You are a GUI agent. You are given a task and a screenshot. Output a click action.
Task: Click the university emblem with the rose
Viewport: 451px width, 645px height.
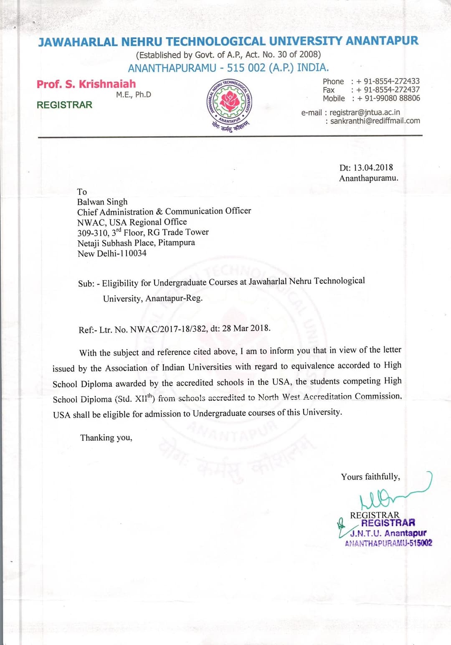tap(229, 102)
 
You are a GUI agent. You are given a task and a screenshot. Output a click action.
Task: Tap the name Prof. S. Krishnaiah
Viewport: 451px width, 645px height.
tap(86, 84)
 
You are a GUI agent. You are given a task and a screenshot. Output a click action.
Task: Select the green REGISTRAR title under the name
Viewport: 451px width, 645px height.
tap(64, 105)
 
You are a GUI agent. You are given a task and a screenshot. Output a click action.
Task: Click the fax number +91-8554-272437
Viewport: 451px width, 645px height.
tap(388, 90)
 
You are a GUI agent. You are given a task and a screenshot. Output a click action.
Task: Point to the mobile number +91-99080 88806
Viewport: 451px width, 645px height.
tap(388, 99)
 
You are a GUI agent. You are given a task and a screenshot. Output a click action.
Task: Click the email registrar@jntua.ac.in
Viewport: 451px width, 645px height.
tap(365, 112)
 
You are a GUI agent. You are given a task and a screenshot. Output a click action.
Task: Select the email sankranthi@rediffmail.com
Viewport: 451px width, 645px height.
tap(375, 121)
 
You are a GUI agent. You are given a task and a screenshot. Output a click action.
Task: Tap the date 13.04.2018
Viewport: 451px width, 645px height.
tap(373, 168)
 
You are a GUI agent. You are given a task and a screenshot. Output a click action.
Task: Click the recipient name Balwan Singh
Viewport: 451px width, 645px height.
tap(102, 202)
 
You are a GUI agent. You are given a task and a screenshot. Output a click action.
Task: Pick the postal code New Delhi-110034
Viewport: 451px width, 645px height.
tap(112, 254)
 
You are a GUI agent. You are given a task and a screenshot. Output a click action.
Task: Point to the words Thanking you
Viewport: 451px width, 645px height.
tap(106, 438)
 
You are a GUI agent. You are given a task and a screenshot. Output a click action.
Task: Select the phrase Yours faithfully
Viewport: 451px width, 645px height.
tap(370, 477)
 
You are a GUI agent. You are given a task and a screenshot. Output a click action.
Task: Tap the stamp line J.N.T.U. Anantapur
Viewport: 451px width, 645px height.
tap(388, 533)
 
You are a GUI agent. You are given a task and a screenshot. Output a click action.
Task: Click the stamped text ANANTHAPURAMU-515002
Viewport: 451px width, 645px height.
tap(388, 543)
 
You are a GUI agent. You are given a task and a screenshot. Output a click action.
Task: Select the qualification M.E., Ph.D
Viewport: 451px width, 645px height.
tap(134, 95)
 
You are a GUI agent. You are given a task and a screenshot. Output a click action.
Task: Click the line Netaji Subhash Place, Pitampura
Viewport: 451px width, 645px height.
tap(136, 243)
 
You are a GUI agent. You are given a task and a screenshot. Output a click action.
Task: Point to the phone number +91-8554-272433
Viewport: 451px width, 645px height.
tap(388, 81)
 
